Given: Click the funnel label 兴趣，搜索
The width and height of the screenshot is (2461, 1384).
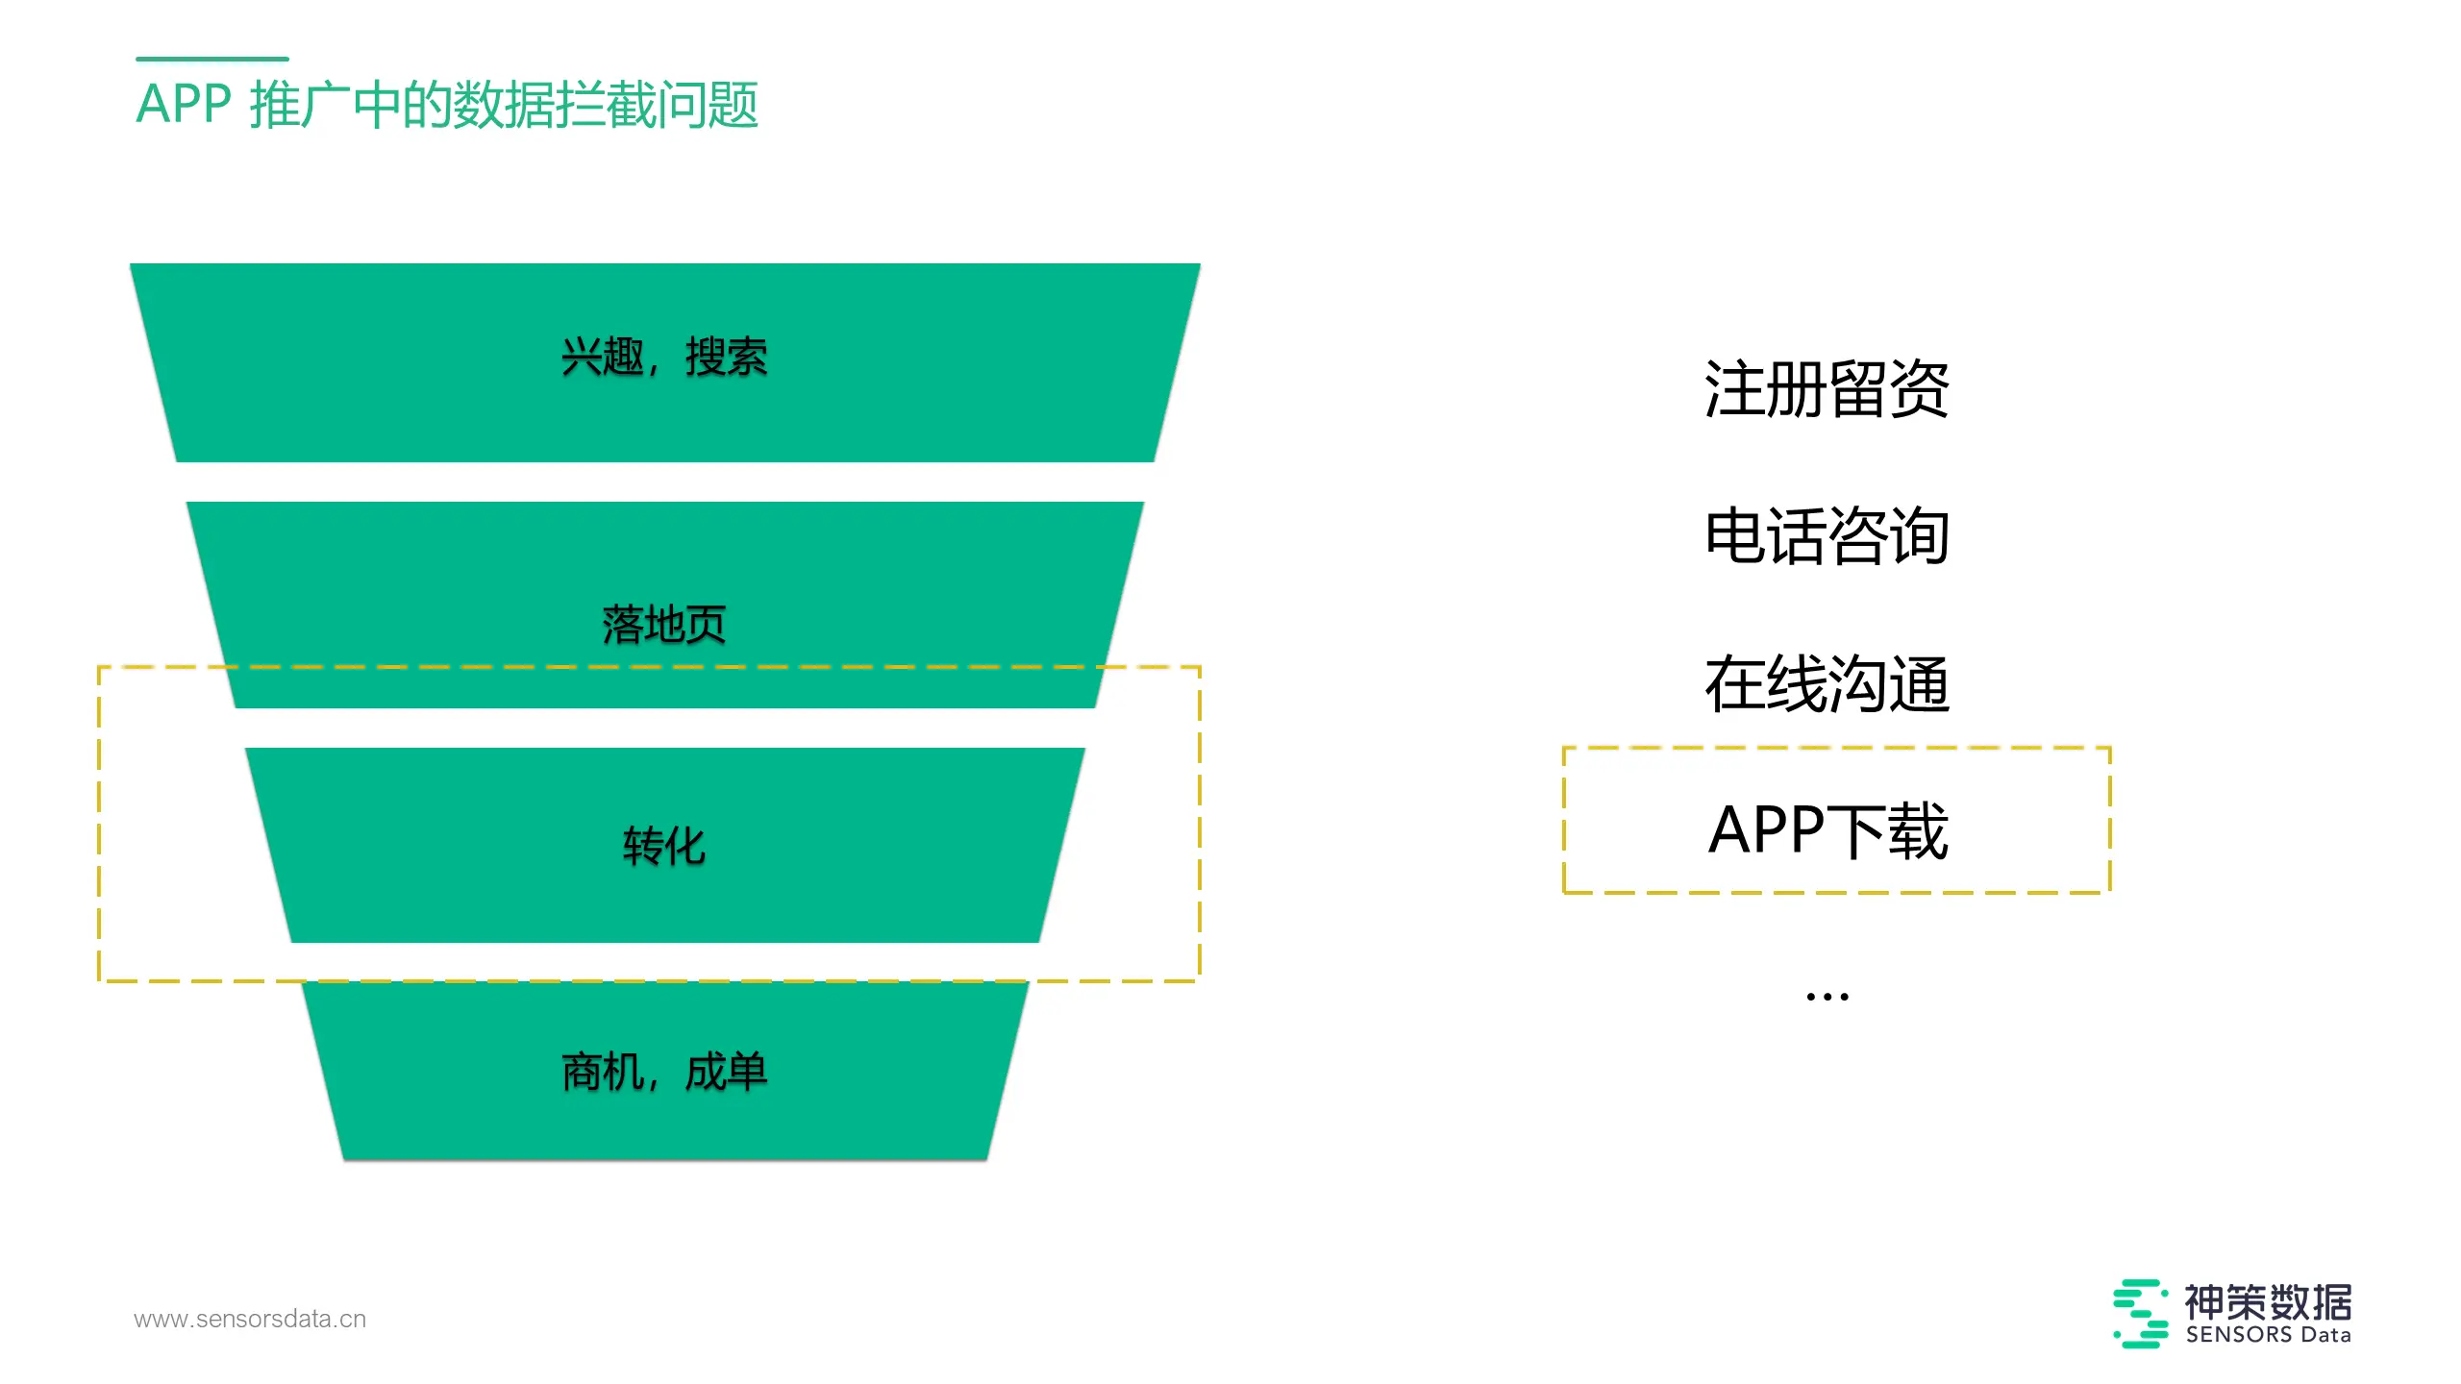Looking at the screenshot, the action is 664,358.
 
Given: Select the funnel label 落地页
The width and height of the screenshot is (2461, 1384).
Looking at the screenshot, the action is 664,625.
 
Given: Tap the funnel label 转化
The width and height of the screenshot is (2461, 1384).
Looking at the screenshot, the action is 664,847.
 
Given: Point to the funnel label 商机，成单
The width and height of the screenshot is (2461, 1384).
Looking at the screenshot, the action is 664,1072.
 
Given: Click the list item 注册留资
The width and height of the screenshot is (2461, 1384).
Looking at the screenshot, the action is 1827,389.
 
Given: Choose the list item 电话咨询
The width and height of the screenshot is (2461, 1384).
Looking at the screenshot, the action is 1827,536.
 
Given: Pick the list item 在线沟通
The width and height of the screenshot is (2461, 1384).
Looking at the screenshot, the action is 1827,684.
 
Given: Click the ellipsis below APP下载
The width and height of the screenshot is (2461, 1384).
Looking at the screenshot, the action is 1827,997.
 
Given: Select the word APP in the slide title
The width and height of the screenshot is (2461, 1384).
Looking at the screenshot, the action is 184,104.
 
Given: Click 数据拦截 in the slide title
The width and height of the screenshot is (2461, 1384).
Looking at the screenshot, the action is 555,104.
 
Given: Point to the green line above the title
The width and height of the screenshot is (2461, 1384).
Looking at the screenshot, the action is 212,59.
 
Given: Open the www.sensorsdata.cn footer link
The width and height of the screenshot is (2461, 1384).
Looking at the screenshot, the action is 250,1319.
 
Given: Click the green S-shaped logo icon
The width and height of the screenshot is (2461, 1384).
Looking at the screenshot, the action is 2141,1313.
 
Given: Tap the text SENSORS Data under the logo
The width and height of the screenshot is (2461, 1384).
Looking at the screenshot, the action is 2269,1335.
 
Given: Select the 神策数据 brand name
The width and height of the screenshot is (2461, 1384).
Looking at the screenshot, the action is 2269,1302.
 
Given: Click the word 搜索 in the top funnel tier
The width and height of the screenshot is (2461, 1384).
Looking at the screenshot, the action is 727,358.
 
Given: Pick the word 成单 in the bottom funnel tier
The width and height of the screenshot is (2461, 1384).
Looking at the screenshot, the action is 727,1072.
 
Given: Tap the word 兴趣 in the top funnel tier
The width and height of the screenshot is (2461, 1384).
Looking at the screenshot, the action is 603,358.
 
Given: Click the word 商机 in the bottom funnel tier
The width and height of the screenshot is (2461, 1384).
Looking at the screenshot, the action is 603,1072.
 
